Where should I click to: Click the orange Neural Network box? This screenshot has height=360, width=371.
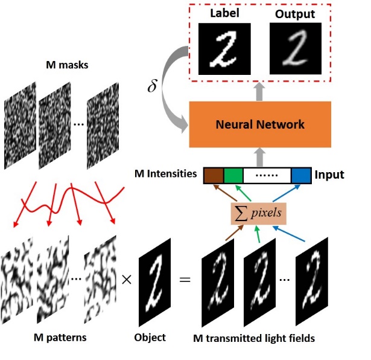click(x=260, y=124)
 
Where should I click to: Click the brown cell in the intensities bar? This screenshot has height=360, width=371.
click(x=213, y=175)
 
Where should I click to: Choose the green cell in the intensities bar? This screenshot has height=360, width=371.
click(x=233, y=175)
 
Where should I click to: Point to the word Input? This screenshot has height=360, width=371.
click(x=329, y=175)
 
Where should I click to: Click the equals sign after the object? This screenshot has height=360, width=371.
click(x=185, y=280)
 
